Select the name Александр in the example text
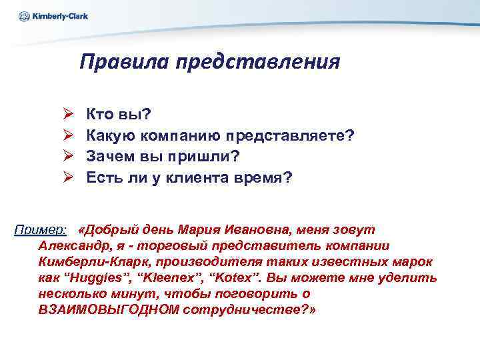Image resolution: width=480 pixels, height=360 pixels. pyautogui.click(x=71, y=246)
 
